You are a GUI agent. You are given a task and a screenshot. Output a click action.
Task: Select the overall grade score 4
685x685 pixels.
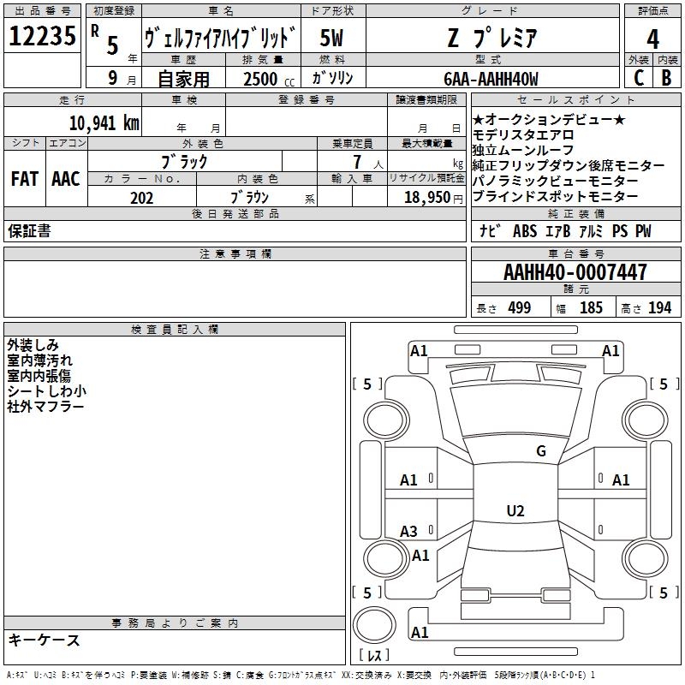(x=653, y=39)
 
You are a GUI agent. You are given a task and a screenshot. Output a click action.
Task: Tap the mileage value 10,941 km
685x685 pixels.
(x=104, y=122)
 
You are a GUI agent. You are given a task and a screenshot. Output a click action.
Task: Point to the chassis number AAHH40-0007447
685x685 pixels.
(x=575, y=273)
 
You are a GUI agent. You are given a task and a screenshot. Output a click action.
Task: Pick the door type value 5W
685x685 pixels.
(x=332, y=38)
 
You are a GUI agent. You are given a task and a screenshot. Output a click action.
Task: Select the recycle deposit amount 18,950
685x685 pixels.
(x=426, y=197)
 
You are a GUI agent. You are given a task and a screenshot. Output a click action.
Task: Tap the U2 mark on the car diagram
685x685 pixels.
(x=515, y=511)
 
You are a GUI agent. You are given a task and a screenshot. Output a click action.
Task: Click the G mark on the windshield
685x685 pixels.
(x=540, y=451)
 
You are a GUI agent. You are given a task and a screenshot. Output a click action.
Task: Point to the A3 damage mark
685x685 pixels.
(x=409, y=532)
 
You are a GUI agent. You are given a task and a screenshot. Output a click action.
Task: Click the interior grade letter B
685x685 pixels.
(x=666, y=78)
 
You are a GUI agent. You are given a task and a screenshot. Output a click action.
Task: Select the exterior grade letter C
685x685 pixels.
(x=639, y=78)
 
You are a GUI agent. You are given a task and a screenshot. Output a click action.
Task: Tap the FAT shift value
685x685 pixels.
(x=25, y=179)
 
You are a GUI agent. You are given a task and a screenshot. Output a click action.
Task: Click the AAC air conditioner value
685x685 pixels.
(x=65, y=179)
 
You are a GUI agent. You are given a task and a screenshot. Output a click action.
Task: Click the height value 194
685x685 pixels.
(x=659, y=307)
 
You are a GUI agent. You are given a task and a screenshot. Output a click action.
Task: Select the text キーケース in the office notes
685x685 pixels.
(x=45, y=640)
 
